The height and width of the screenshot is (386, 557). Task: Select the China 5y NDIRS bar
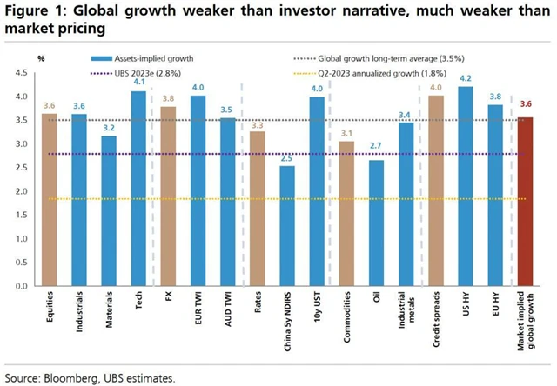click(286, 226)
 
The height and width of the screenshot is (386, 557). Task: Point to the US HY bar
click(466, 186)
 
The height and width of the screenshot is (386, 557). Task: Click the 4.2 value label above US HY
click(466, 78)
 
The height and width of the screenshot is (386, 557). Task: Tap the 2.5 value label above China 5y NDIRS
click(286, 158)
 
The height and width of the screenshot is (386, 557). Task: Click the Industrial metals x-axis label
click(406, 317)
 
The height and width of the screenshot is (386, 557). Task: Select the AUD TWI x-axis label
click(228, 312)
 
